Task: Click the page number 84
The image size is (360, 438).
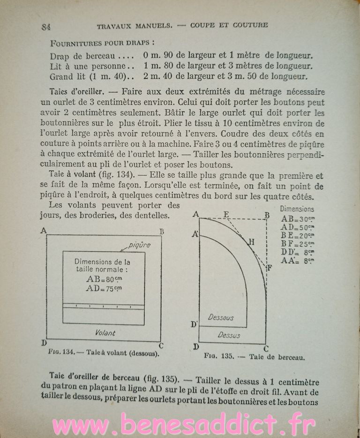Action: tap(45, 26)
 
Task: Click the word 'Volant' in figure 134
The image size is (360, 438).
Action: tap(105, 332)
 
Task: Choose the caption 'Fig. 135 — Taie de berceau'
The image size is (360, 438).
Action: tap(255, 356)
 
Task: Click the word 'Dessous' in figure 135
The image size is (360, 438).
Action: tap(221, 317)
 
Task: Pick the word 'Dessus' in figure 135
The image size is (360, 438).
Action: tap(229, 335)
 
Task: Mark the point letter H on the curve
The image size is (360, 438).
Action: tap(251, 242)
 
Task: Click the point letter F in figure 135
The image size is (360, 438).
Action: tap(270, 268)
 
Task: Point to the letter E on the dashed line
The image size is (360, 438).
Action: tap(226, 214)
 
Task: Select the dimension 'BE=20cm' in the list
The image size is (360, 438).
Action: tap(297, 236)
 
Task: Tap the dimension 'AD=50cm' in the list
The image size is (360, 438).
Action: tap(297, 227)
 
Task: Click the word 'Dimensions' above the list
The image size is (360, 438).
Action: tap(297, 209)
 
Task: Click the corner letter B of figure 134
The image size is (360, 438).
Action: tap(161, 231)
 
